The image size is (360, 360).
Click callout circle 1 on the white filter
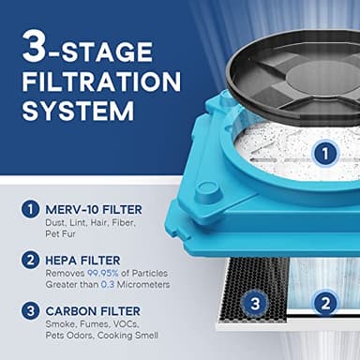(322, 152)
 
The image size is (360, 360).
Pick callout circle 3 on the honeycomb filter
(254, 302)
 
